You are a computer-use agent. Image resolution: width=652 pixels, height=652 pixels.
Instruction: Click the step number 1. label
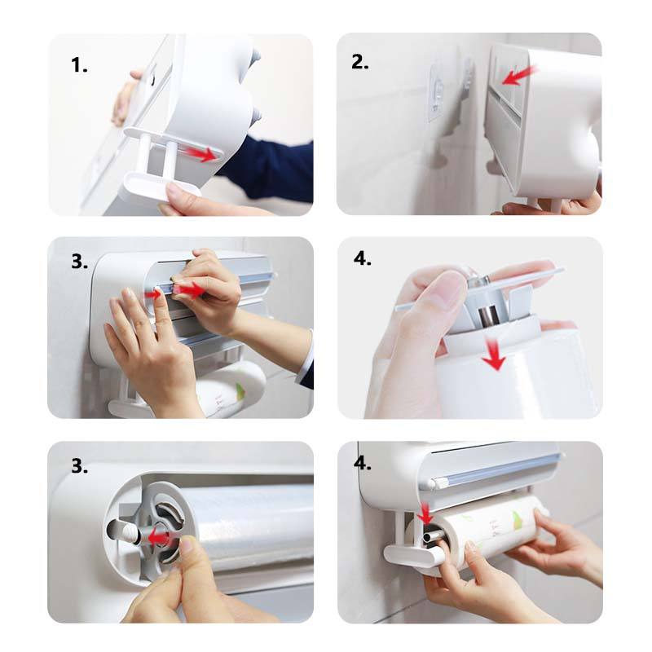click(x=79, y=65)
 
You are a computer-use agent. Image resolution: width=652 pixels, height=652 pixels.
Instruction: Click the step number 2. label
click(x=360, y=63)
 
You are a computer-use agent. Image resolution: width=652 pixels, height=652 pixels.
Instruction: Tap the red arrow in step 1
click(x=203, y=154)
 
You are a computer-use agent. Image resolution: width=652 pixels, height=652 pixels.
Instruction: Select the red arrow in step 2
click(x=519, y=76)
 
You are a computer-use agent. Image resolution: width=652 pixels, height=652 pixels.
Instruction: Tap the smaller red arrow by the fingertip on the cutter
click(x=153, y=295)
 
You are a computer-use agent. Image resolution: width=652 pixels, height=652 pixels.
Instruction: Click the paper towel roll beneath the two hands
click(x=231, y=389)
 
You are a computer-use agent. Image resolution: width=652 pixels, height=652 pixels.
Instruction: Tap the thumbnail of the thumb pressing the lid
click(x=446, y=287)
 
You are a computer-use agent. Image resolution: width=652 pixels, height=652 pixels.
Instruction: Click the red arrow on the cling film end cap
click(x=158, y=538)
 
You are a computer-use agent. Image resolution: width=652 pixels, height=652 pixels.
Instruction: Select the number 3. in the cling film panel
click(x=79, y=466)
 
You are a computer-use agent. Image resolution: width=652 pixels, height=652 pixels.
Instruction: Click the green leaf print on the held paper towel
click(x=518, y=521)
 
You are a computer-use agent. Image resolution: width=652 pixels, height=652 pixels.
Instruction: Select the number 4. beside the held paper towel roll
click(x=362, y=463)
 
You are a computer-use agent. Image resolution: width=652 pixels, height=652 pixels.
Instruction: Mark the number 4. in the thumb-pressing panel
click(x=362, y=258)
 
